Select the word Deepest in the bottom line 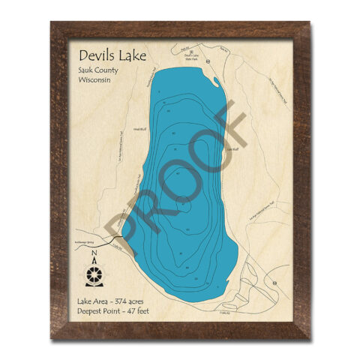92,310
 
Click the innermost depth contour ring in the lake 184,206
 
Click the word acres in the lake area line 145,300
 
